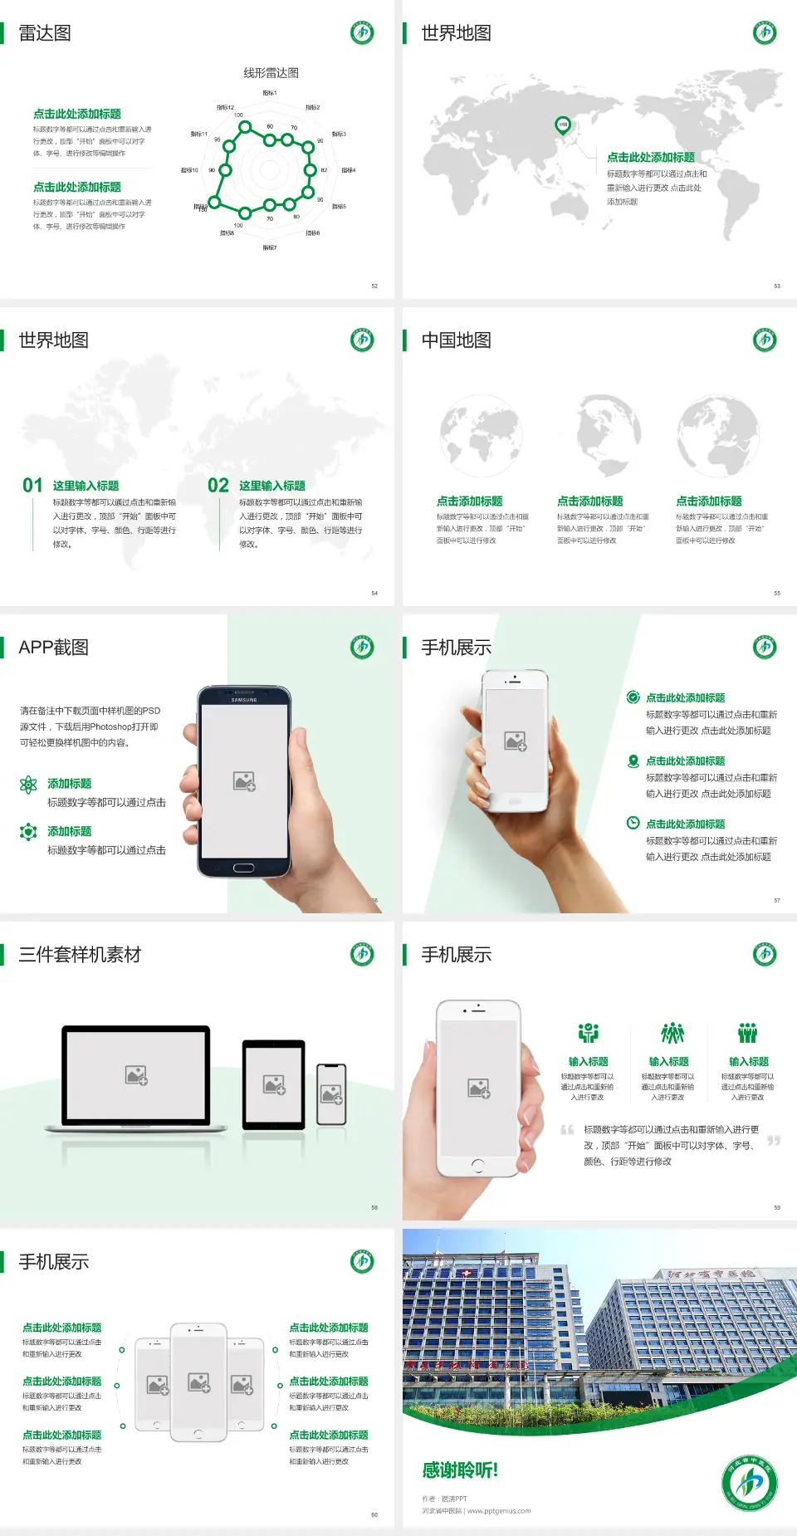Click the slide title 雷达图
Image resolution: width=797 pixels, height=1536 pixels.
pos(45,33)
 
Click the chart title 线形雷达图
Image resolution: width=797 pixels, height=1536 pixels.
pos(271,73)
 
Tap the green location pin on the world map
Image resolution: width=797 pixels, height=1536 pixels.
pos(563,125)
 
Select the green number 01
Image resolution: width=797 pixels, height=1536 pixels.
pos(32,486)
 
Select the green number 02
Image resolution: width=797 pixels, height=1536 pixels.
pos(218,486)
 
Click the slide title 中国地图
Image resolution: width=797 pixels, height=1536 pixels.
pos(456,340)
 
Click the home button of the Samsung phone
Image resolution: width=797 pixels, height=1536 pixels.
pos(243,868)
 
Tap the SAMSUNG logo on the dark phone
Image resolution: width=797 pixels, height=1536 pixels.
pos(244,700)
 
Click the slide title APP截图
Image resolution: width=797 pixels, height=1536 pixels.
pos(53,648)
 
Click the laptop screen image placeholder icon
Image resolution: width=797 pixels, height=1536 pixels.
pos(136,1075)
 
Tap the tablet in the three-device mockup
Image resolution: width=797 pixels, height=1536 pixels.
pos(274,1084)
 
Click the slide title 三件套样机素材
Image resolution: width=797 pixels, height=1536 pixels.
pos(80,955)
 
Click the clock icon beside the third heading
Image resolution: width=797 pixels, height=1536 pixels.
pos(633,823)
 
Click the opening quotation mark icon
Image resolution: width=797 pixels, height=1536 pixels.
pos(567,1130)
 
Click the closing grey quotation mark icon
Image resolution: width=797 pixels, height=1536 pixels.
pos(774,1141)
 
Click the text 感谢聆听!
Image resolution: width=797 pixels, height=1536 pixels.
pos(459,1470)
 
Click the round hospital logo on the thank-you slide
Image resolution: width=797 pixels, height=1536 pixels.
pos(749,1483)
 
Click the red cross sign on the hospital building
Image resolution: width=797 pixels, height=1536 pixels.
pos(467,1273)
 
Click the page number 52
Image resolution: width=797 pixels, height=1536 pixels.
pos(374,286)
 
